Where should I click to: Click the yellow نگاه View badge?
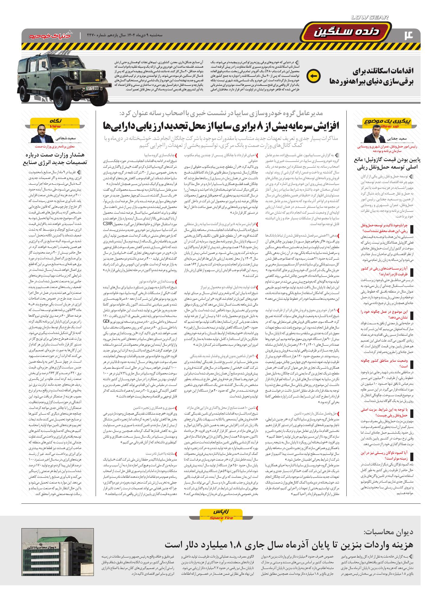(x=55, y=122)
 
